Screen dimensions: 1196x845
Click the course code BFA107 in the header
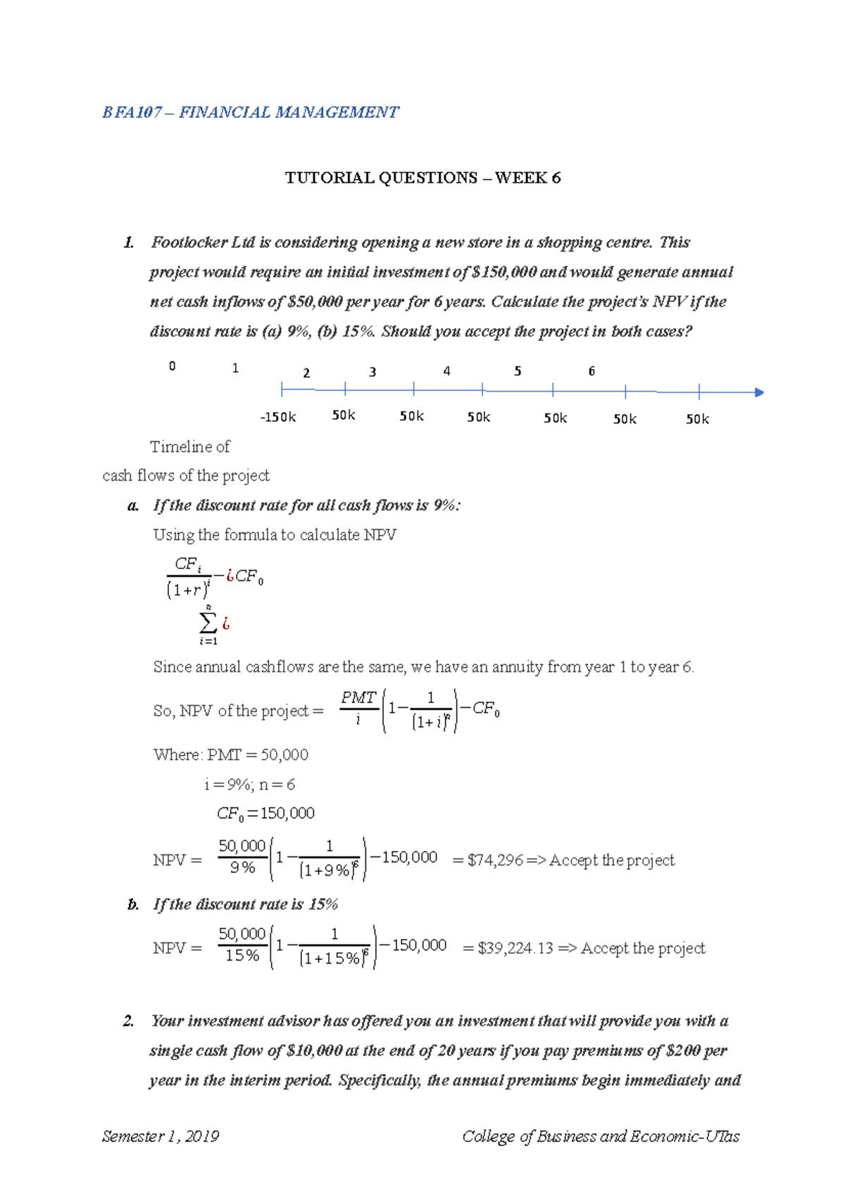pyautogui.click(x=132, y=113)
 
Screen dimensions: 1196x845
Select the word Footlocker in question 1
pyautogui.click(x=189, y=243)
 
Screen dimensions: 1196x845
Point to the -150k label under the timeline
pyautogui.click(x=278, y=417)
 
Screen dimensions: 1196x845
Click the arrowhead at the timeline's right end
pyautogui.click(x=758, y=392)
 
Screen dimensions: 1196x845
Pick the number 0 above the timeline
pyautogui.click(x=172, y=366)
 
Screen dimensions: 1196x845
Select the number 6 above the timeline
pyautogui.click(x=591, y=371)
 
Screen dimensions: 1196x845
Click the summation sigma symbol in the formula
pyautogui.click(x=208, y=623)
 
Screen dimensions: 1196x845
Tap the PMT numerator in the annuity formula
pyautogui.click(x=358, y=697)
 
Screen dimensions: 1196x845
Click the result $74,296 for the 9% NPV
pyautogui.click(x=496, y=860)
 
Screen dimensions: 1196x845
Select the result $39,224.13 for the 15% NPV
pyautogui.click(x=515, y=948)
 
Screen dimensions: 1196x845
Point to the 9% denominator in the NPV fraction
pyautogui.click(x=242, y=868)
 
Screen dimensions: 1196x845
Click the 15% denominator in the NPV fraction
pyautogui.click(x=242, y=956)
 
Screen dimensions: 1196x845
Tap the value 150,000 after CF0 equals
pyautogui.click(x=287, y=814)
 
